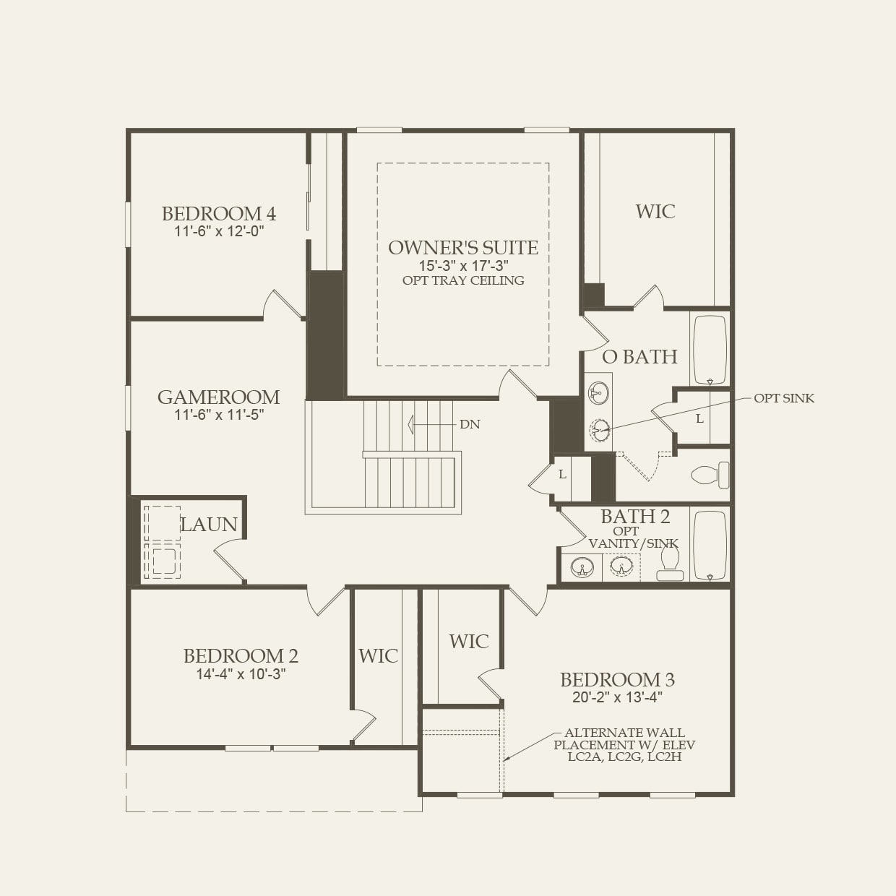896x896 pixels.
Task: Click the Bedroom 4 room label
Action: pos(218,214)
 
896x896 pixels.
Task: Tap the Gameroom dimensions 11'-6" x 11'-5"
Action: pos(218,415)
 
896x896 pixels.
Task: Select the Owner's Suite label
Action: pos(462,248)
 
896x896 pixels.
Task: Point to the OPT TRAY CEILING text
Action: pos(463,280)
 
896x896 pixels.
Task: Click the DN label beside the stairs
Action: pos(470,424)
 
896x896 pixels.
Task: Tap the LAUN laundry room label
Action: pos(209,525)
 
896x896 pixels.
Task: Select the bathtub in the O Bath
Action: pos(710,350)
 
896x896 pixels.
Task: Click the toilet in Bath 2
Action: pos(670,563)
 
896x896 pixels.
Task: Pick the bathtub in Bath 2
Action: pos(710,546)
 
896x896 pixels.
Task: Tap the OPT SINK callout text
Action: pos(784,398)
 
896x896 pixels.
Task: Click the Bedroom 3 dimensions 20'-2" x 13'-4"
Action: pos(617,697)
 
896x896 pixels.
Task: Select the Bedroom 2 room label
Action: pos(240,656)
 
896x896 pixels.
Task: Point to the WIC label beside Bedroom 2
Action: pos(378,656)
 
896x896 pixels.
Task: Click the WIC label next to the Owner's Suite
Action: pos(655,212)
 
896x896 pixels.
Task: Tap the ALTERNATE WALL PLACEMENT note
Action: pos(625,744)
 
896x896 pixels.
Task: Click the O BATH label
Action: pos(639,357)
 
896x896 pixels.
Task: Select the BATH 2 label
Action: pos(635,517)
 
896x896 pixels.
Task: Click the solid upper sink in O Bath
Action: pos(598,394)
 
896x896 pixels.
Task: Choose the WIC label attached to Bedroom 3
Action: pos(468,642)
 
